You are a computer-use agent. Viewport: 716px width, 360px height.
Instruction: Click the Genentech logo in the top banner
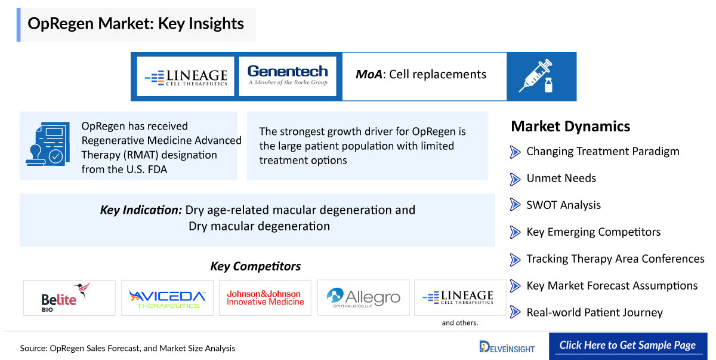coord(288,75)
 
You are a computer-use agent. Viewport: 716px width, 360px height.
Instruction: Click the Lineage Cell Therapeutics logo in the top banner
coord(186,78)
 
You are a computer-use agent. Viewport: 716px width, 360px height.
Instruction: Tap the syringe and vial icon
coord(536,76)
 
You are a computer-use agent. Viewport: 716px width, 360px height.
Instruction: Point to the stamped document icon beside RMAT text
coord(48,144)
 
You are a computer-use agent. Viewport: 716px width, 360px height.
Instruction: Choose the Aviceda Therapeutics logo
coord(167,299)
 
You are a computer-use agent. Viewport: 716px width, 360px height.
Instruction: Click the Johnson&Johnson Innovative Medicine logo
coord(265,298)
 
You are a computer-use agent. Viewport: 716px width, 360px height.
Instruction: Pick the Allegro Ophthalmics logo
coord(363,298)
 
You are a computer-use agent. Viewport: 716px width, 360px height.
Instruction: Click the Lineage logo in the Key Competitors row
coord(458,297)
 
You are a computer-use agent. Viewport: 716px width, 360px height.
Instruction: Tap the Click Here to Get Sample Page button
coord(628,346)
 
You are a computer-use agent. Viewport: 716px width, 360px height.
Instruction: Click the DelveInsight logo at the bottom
coord(507,347)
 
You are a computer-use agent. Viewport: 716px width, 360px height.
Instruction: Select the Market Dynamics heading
coord(570,127)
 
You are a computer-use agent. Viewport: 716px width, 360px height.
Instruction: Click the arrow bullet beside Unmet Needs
coord(515,179)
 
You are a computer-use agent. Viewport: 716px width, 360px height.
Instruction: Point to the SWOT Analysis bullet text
coord(563,205)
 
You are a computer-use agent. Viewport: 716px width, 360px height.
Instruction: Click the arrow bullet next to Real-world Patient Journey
coord(515,312)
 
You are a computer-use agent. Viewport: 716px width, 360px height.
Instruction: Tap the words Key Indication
coord(141,210)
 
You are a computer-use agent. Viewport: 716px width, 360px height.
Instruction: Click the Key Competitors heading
coord(255,266)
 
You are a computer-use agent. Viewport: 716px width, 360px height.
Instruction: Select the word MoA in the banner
coord(369,75)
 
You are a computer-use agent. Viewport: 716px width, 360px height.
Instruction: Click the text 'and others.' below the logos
coord(459,323)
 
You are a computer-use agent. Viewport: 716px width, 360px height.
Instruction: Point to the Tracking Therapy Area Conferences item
coord(615,259)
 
